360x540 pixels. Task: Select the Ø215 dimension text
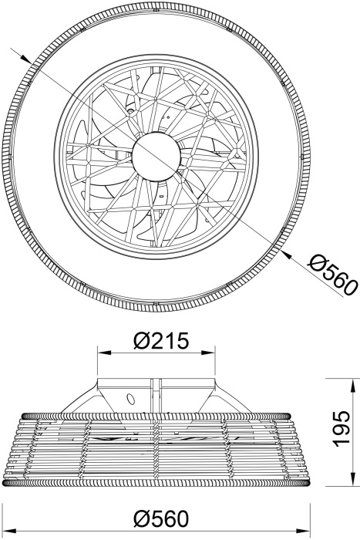pos(161,341)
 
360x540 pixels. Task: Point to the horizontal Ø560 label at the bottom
pos(161,518)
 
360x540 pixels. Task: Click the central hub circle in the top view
pos(156,156)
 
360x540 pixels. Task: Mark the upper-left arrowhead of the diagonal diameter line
pos(25,58)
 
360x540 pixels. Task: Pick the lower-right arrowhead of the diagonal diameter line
pos(287,254)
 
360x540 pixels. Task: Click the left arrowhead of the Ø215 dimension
pos(105,353)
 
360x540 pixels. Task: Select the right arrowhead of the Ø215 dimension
pos(208,353)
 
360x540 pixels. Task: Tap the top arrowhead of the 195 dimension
pos(352,385)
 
